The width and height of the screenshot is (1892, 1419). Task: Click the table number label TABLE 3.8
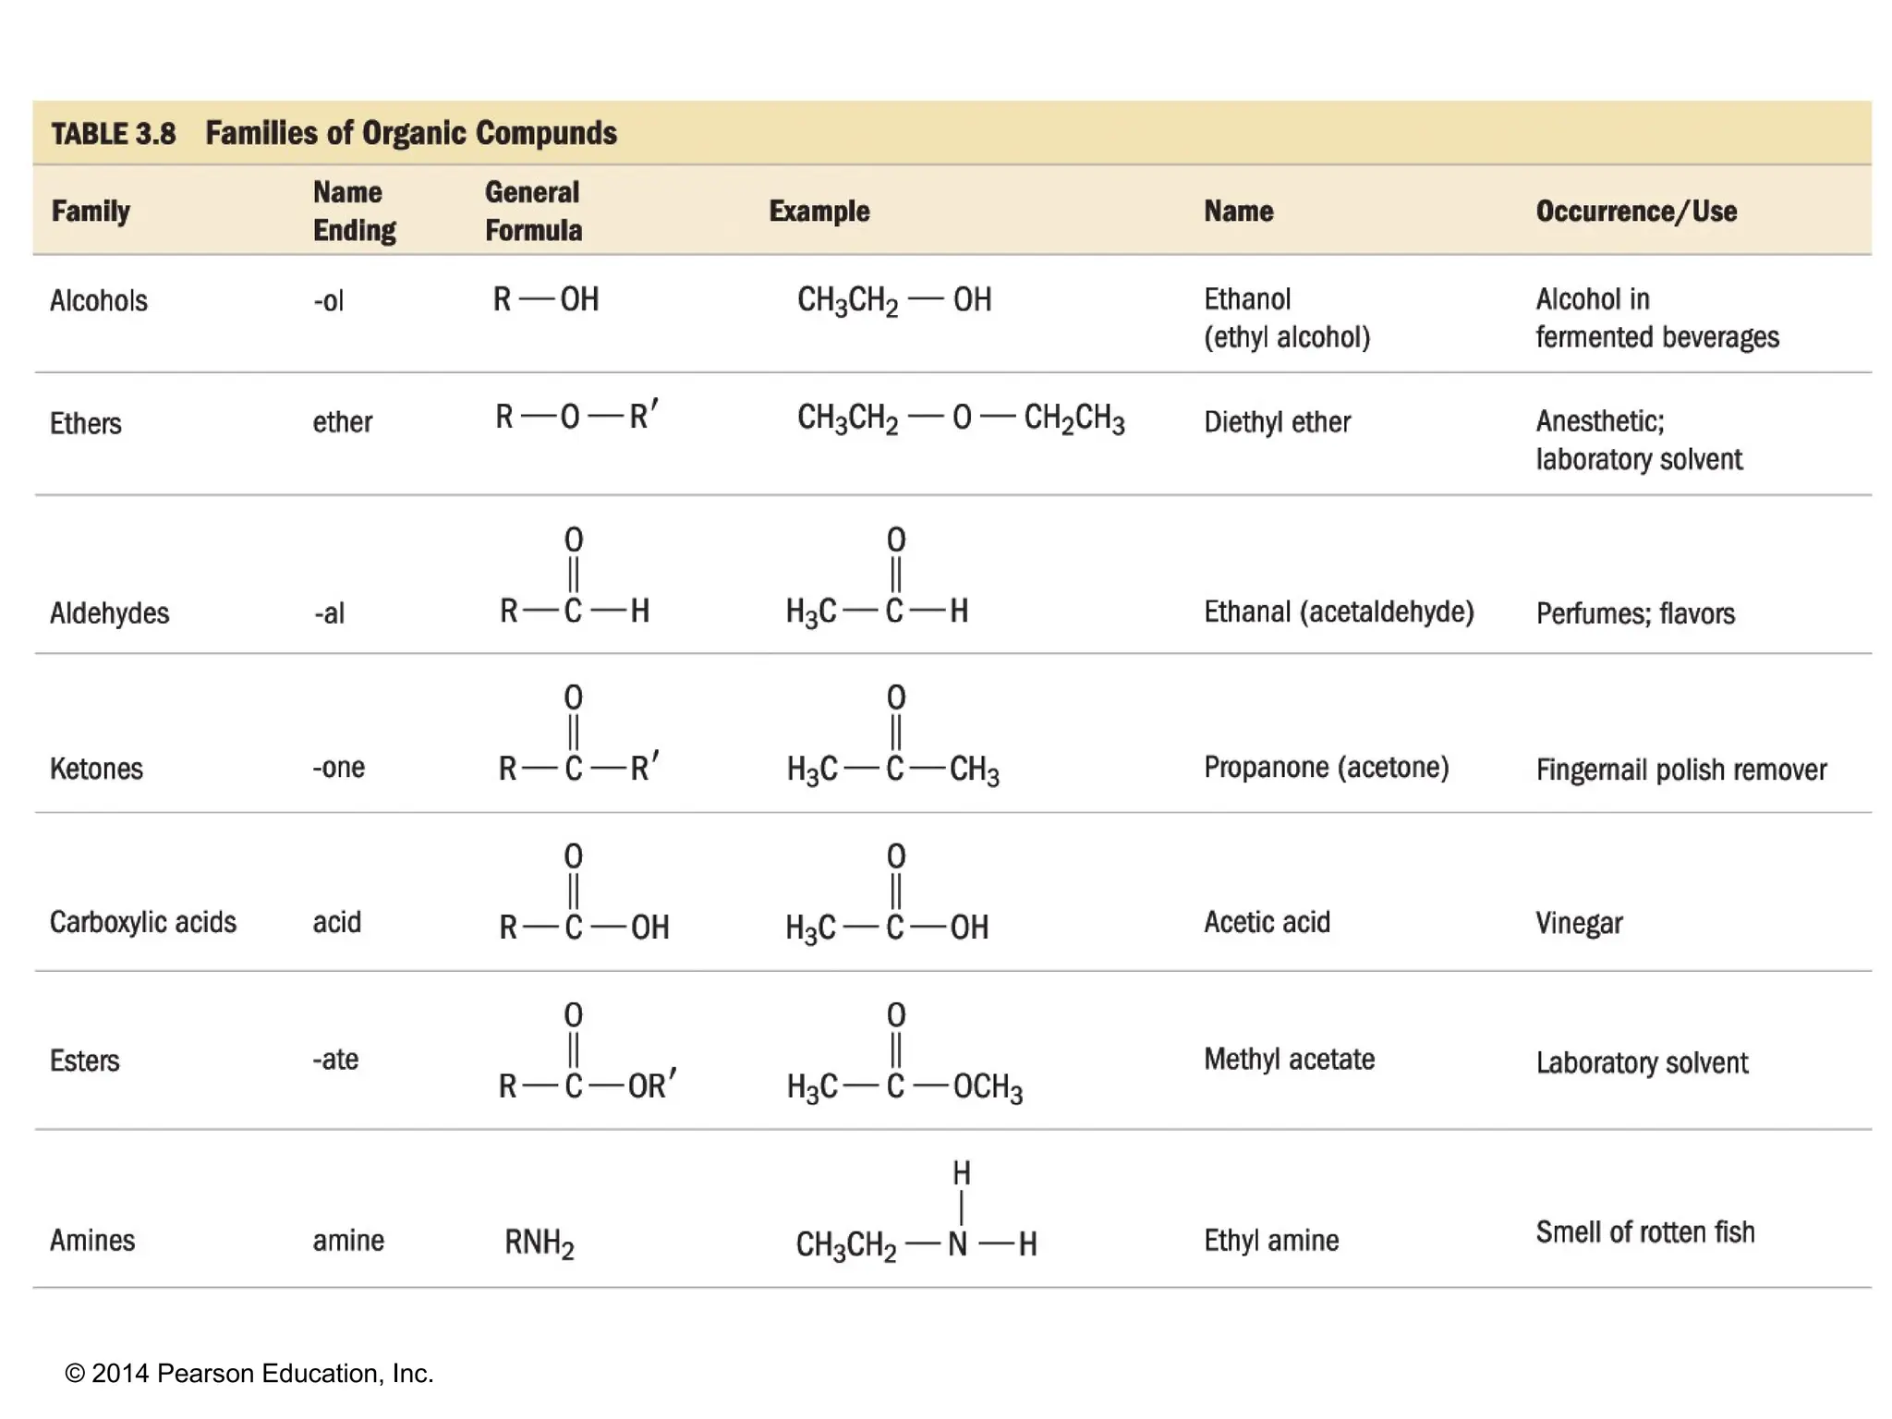(x=113, y=134)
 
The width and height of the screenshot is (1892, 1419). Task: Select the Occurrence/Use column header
(x=1635, y=212)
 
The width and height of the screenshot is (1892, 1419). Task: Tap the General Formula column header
(x=533, y=212)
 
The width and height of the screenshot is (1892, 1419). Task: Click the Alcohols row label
(x=98, y=301)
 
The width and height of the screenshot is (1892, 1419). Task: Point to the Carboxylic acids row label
(x=142, y=922)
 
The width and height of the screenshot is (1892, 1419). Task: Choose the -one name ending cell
(x=338, y=768)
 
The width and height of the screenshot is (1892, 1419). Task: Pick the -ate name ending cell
(x=334, y=1059)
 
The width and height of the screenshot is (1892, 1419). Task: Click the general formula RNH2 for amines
(x=539, y=1243)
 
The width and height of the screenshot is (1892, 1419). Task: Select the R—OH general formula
(x=545, y=299)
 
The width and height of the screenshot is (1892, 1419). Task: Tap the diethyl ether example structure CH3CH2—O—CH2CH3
(x=960, y=418)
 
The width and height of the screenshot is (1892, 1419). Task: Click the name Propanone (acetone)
(x=1326, y=768)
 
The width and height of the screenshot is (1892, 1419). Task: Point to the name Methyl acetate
(x=1289, y=1059)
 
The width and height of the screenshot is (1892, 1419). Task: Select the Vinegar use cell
(x=1578, y=923)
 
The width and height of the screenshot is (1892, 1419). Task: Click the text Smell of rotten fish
(x=1644, y=1232)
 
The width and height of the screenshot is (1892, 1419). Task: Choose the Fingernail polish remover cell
(x=1680, y=770)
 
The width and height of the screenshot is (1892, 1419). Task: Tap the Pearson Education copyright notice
(x=249, y=1374)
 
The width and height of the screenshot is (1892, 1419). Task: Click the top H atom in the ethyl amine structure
(x=962, y=1173)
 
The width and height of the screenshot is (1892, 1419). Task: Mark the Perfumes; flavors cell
(x=1634, y=613)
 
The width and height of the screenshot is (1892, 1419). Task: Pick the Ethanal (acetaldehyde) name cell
(x=1338, y=612)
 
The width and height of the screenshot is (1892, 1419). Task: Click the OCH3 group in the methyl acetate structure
(x=987, y=1087)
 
